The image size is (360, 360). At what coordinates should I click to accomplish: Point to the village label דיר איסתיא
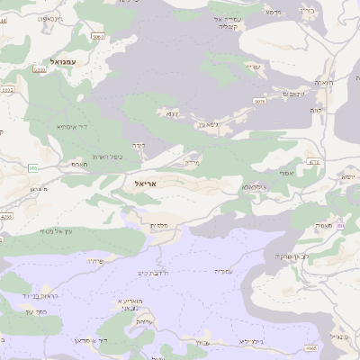(x=71, y=127)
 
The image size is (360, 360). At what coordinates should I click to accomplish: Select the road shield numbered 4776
(x=314, y=162)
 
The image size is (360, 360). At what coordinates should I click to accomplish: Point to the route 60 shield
(x=340, y=226)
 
